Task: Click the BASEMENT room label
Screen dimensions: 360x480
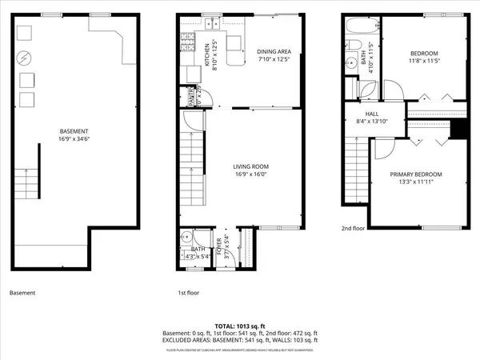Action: (74, 131)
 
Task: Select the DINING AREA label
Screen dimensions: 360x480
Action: (272, 53)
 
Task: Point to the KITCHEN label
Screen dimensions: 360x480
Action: (206, 56)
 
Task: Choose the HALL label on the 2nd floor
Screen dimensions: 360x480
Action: (372, 114)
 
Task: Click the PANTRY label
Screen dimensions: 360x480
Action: (192, 97)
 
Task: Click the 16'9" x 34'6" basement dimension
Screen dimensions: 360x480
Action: (74, 139)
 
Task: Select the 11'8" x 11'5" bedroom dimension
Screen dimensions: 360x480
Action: (425, 61)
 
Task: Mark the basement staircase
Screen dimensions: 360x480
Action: (29, 183)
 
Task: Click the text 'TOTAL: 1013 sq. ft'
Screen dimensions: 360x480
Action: (240, 326)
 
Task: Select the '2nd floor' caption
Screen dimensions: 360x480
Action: (353, 227)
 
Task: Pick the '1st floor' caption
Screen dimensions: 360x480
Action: (188, 294)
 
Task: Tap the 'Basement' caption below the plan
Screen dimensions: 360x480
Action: (22, 294)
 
